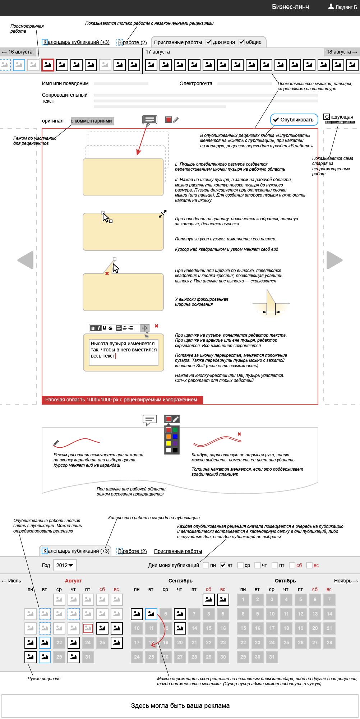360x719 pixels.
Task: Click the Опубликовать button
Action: pos(294,120)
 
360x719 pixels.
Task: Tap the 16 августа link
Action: pos(20,52)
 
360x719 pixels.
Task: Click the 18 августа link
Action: pos(338,52)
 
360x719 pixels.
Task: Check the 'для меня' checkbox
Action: pos(209,42)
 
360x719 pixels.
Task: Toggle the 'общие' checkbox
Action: pos(242,42)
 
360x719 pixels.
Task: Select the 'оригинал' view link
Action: pos(53,121)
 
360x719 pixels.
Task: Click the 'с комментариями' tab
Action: pos(92,121)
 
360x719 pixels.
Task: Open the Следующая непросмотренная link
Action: pos(339,117)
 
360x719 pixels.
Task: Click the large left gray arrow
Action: pos(26,260)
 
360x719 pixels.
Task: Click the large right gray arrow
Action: pos(334,260)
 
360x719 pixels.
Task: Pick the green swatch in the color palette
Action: pos(175,430)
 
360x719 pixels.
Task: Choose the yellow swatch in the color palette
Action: pos(169,443)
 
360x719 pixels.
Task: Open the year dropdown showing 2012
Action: pos(65,565)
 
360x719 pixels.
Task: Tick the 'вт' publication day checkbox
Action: pos(223,565)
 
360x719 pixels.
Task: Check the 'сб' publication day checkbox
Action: pos(292,565)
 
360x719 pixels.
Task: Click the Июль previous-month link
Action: pos(14,581)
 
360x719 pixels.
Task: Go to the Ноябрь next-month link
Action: pos(343,581)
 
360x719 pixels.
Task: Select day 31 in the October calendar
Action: pos(272,657)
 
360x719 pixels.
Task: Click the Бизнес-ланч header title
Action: pos(290,7)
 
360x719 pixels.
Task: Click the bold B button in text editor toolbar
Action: pos(93,328)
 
